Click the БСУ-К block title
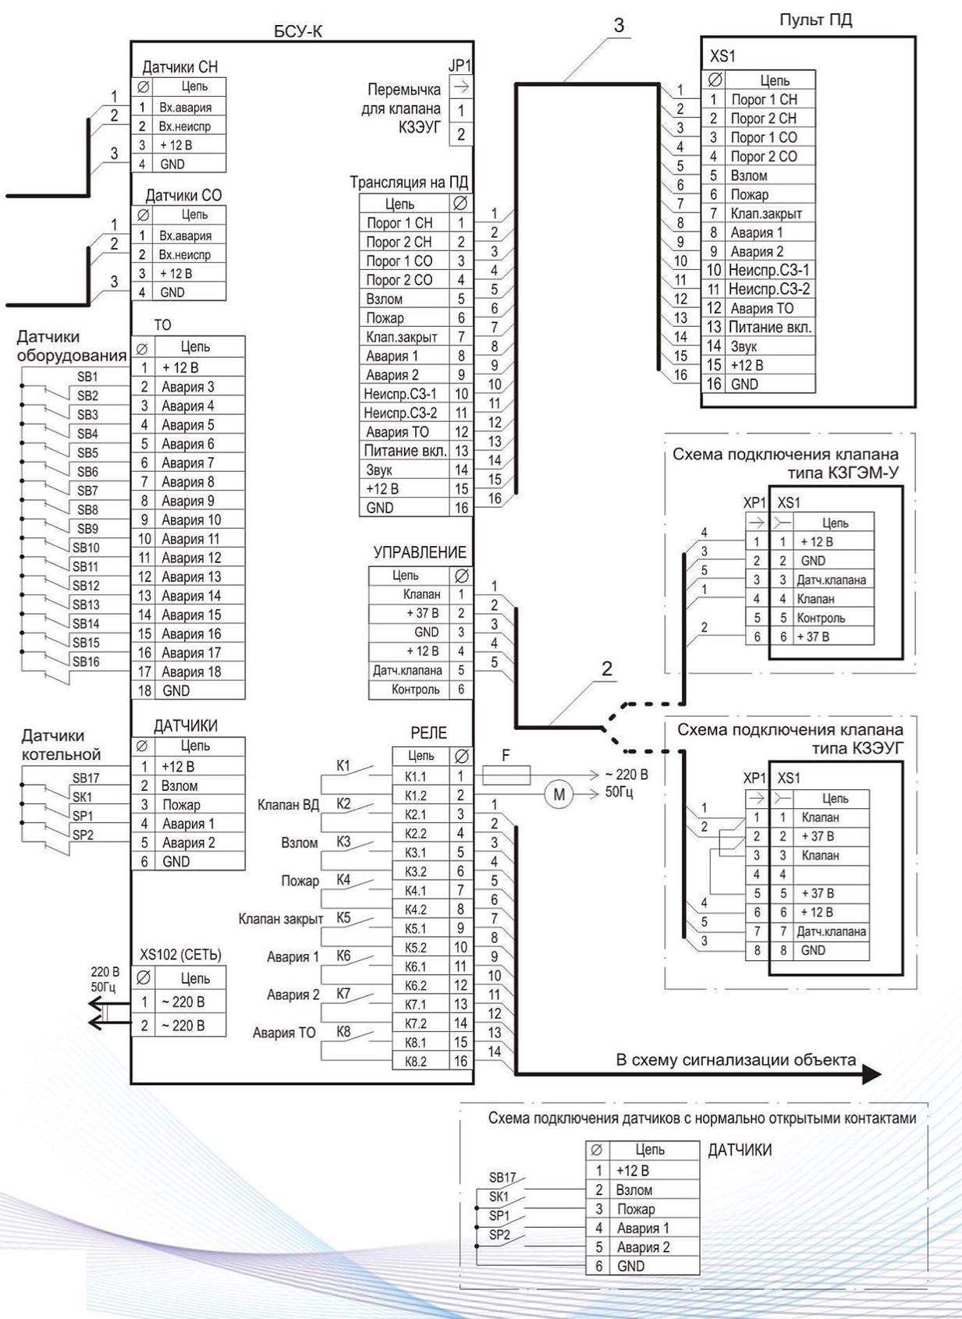click(299, 30)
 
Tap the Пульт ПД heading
click(815, 20)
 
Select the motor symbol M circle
click(559, 795)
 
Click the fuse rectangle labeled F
click(506, 775)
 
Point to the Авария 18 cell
click(191, 672)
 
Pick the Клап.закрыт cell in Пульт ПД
click(766, 213)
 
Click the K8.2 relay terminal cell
click(415, 1062)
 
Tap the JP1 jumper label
click(460, 66)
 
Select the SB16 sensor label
click(86, 661)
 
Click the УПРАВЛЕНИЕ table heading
click(420, 552)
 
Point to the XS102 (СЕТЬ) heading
click(180, 955)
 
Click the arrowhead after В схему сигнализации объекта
click(871, 1075)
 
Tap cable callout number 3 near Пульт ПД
click(619, 25)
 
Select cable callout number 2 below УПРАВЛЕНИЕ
click(607, 668)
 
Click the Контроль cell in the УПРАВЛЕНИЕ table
click(415, 690)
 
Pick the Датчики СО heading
click(184, 196)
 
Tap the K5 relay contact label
click(343, 918)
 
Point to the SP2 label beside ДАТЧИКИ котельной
click(83, 835)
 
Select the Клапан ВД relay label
click(288, 805)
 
